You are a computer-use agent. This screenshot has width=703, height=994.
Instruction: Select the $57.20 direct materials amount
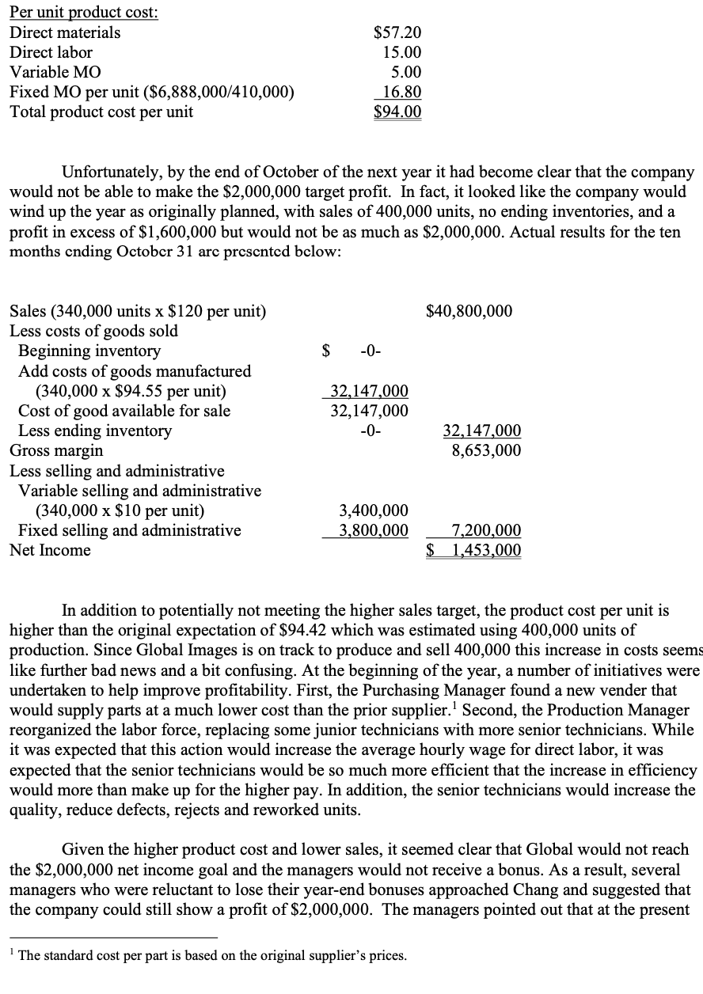point(397,32)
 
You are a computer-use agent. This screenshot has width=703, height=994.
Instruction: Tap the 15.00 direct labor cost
point(401,52)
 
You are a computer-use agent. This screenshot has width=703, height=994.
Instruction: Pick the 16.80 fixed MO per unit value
point(401,92)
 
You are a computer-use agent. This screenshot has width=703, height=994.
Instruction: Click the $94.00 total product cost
point(397,112)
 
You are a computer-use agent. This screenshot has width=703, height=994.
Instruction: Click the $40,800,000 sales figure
point(469,311)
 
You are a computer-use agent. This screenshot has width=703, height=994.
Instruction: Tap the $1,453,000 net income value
point(474,550)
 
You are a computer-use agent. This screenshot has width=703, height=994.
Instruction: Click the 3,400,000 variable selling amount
point(374,510)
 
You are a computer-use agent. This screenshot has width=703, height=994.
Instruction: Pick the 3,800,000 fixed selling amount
point(374,530)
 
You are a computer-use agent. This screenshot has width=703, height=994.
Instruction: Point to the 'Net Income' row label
point(50,550)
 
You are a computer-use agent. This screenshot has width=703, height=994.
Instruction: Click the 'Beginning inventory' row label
point(89,351)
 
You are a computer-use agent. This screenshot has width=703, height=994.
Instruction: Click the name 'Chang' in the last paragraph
point(420,889)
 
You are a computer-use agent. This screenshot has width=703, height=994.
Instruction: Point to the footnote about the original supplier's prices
point(212,977)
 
